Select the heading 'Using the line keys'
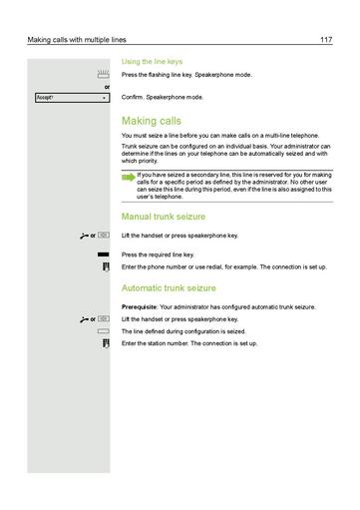click(x=152, y=61)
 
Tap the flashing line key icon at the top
click(x=103, y=75)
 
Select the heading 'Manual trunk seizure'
click(x=164, y=216)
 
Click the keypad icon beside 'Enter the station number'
click(x=104, y=343)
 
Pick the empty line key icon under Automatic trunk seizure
click(x=103, y=330)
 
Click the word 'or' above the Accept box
click(x=107, y=87)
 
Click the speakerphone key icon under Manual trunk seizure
click(x=104, y=236)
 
